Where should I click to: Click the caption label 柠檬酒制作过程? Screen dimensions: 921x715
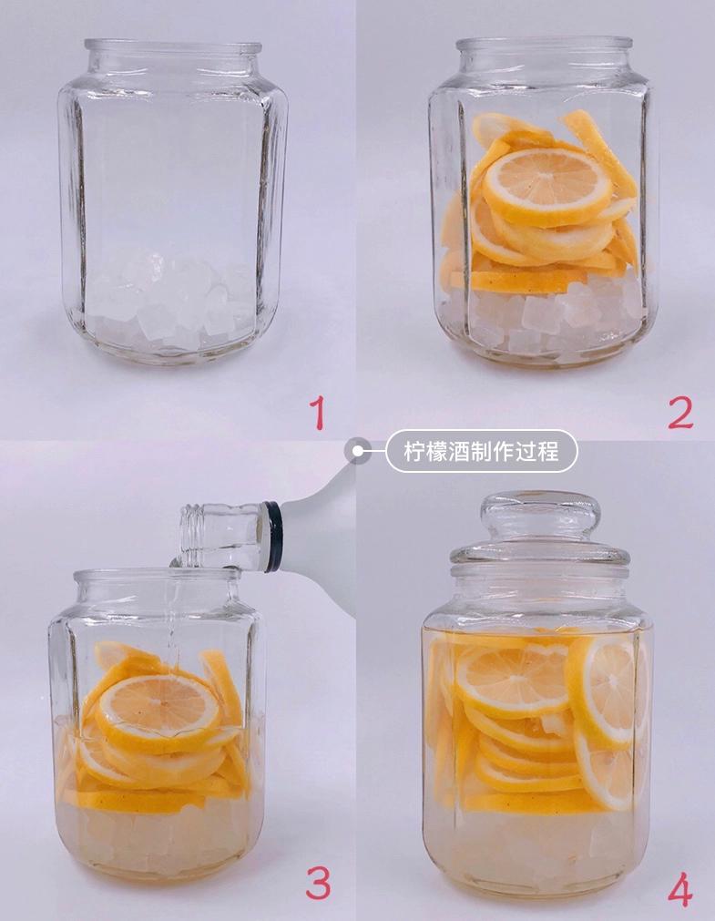(481, 451)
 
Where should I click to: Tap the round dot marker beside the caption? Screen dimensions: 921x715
(357, 450)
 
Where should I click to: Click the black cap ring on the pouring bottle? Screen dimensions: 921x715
(272, 537)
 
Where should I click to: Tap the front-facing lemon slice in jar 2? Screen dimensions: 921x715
(546, 186)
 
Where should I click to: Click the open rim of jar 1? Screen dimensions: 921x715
(173, 46)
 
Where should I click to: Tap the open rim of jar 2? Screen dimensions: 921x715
(544, 45)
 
